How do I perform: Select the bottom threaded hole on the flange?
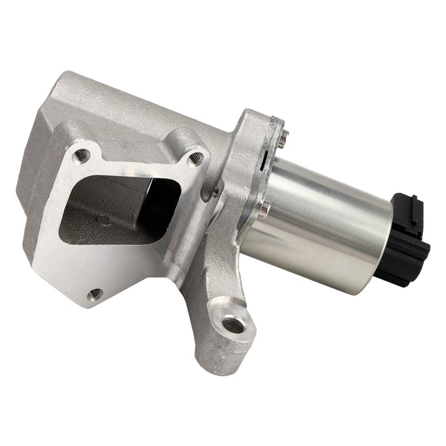95,294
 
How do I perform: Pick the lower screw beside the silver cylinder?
265,208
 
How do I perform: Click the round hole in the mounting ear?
236,325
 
